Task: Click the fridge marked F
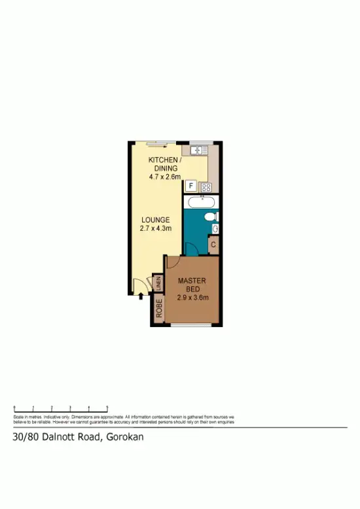click(x=191, y=186)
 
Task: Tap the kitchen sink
click(x=194, y=150)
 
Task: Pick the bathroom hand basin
click(x=215, y=228)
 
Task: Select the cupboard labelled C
click(x=213, y=245)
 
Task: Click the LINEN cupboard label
click(x=158, y=284)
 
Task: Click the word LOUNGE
click(x=155, y=220)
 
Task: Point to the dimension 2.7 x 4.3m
click(x=155, y=229)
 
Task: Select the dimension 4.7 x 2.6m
click(x=162, y=176)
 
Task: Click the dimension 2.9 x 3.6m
click(x=192, y=298)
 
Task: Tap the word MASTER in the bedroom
click(x=192, y=281)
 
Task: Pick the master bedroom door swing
click(x=172, y=261)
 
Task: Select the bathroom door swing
click(x=191, y=249)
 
